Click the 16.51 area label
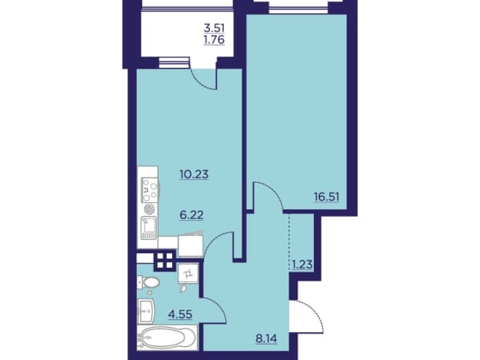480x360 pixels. (327, 196)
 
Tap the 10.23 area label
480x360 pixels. (194, 174)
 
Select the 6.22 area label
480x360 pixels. (192, 215)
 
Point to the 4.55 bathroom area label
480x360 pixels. (180, 315)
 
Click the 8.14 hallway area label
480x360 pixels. (266, 338)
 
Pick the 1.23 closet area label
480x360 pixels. (302, 264)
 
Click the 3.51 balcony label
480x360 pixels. (215, 28)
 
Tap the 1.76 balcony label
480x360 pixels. (215, 40)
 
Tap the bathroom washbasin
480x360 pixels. (147, 312)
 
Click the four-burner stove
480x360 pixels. (150, 190)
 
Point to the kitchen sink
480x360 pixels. (148, 228)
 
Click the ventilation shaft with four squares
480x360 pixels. (165, 261)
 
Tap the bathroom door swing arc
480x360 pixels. (218, 306)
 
